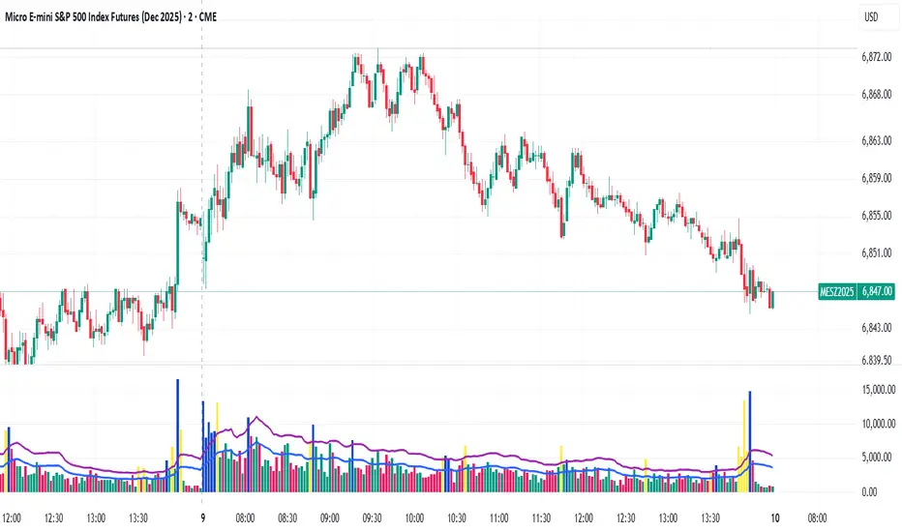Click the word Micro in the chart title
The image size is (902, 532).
coord(22,16)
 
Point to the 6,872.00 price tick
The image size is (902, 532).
coord(878,57)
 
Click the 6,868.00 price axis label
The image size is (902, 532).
coord(878,95)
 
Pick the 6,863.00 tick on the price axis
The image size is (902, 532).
coord(878,141)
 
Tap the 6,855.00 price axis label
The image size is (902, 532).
coord(878,216)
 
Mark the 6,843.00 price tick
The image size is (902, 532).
coord(878,328)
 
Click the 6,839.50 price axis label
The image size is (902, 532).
coord(878,360)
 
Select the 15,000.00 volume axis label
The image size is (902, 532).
coord(879,389)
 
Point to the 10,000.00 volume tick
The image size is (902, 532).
coord(879,424)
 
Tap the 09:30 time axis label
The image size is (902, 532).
coord(372,517)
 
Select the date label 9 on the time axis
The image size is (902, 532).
coord(201,517)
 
